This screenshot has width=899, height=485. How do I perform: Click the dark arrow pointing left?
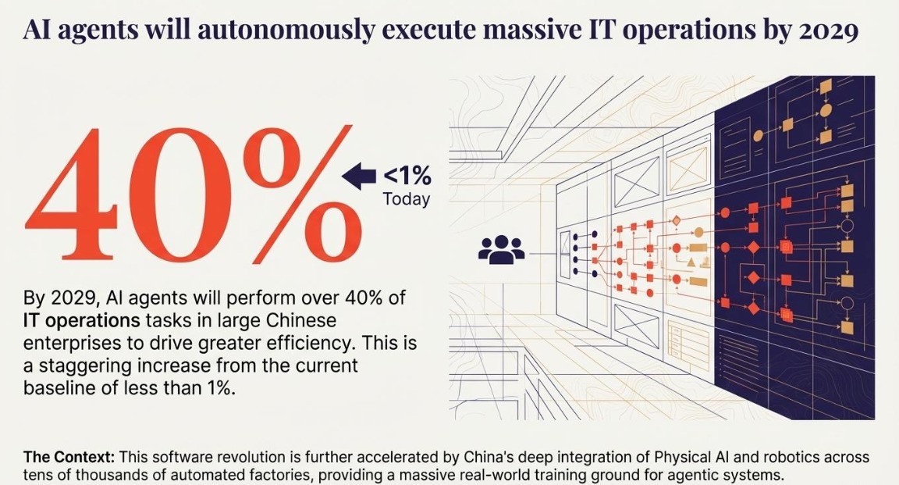(360, 177)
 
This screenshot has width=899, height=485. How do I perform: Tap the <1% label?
(406, 177)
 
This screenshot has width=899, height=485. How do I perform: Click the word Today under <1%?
(406, 199)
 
